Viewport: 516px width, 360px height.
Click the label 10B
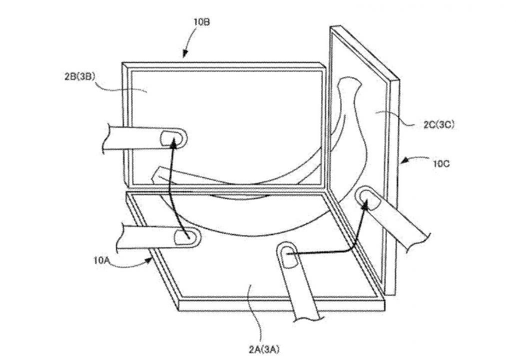coord(201,22)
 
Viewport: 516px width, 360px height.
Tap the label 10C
coord(441,163)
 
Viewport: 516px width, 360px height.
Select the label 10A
coord(101,261)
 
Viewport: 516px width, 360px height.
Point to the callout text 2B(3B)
coord(80,77)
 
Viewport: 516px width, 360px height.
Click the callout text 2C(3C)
coord(439,125)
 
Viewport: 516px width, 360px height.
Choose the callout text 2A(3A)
coord(264,349)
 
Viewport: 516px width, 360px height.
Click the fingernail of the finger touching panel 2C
coord(369,199)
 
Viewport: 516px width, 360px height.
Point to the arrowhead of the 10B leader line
coord(185,55)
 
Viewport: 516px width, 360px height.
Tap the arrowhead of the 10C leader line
coord(403,161)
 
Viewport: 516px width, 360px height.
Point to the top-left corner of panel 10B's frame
coord(123,63)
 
